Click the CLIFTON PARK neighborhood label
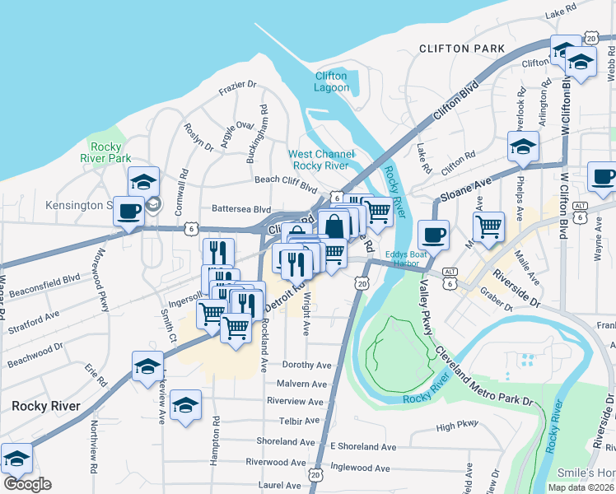point(461,49)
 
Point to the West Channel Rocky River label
point(321,160)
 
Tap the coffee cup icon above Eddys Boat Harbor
point(433,235)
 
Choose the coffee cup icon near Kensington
point(128,210)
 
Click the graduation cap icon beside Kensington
point(143,181)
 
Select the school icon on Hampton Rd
point(186,404)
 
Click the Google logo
point(27,484)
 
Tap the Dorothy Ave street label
point(306,365)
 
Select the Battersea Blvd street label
point(241,209)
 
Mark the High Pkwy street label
point(457,426)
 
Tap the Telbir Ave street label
point(298,421)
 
